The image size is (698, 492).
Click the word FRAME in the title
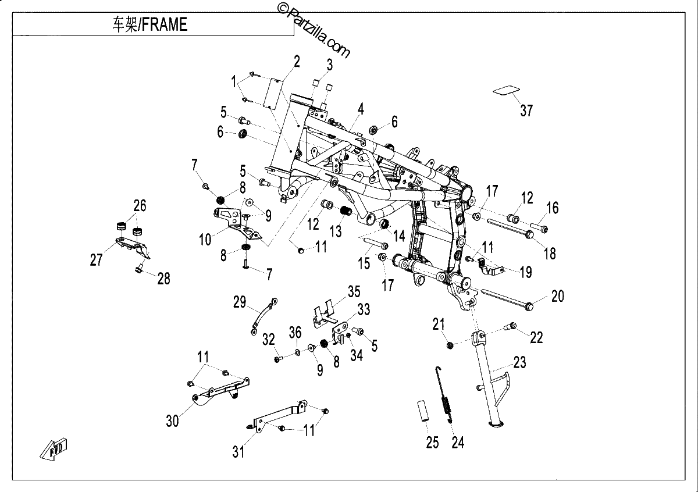165,25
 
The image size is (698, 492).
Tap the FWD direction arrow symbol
54,449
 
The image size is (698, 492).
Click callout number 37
526,110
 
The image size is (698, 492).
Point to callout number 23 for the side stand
519,362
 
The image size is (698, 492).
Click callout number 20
558,297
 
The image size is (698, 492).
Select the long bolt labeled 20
507,299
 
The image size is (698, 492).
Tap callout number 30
172,421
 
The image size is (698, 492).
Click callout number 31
238,452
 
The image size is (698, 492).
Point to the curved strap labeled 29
263,316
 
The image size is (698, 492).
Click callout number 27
96,260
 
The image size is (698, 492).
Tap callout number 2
297,62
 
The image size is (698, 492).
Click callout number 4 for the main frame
361,109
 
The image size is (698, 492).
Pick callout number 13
336,231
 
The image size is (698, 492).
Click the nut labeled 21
450,345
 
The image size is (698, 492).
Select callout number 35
354,292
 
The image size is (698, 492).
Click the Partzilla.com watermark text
315,31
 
